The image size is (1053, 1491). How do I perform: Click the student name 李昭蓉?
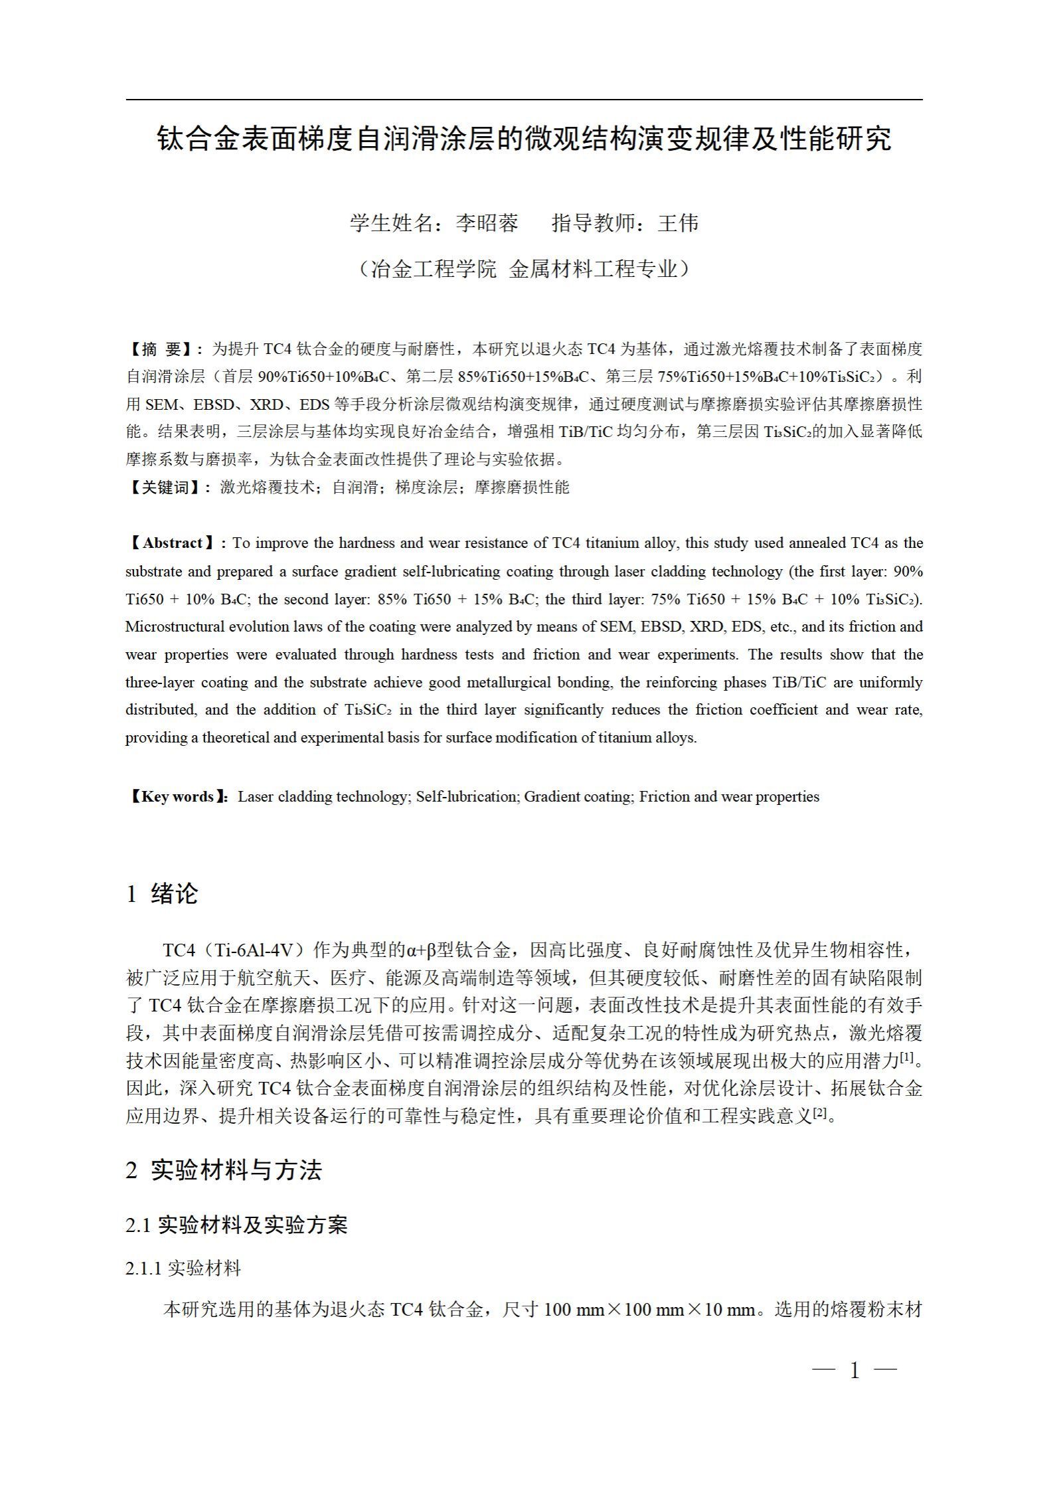(x=487, y=223)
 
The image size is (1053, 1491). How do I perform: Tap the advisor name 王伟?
(x=678, y=223)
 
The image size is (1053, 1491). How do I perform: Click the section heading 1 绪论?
(x=162, y=894)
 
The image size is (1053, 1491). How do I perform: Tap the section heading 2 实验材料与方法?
(x=224, y=1189)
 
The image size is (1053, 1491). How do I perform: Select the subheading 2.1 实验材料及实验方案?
(x=236, y=1244)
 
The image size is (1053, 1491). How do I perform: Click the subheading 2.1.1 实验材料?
(x=183, y=1288)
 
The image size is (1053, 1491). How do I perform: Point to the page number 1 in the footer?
(x=854, y=1370)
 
